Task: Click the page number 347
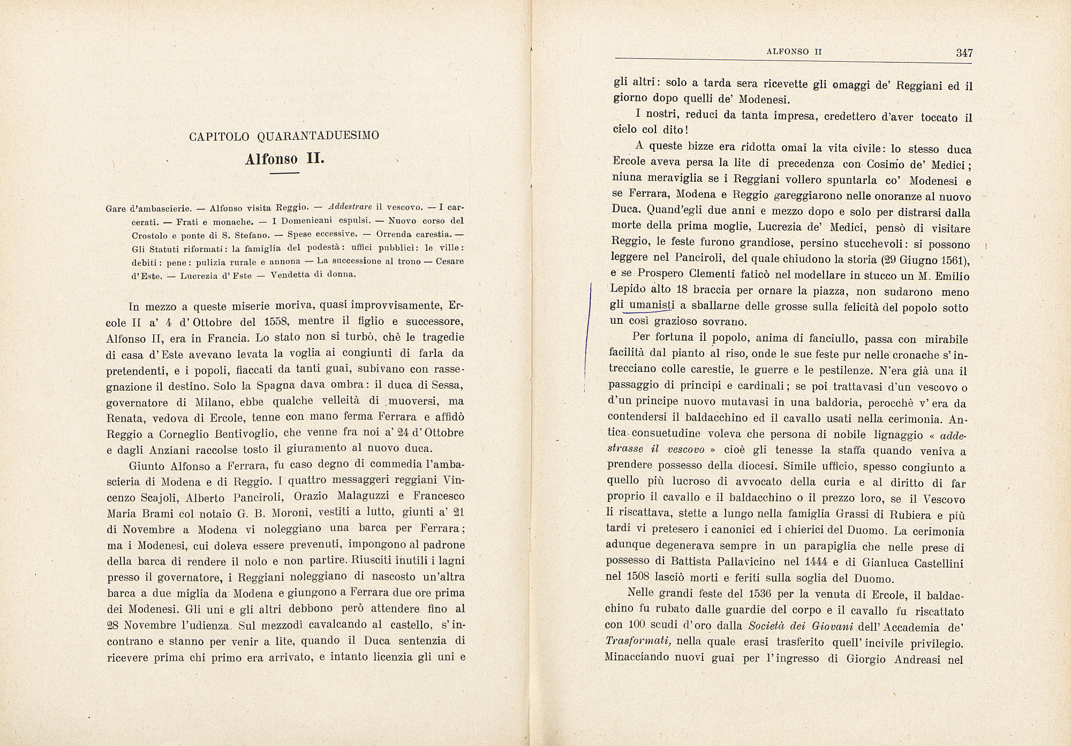(964, 53)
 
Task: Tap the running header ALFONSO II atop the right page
(794, 52)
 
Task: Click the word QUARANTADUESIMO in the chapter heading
(318, 136)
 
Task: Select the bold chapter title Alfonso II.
(285, 159)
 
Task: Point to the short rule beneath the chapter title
(284, 174)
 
